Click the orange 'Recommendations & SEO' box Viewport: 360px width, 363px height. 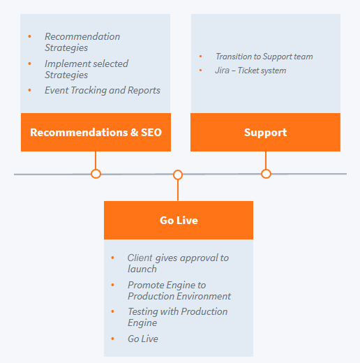[x=96, y=132]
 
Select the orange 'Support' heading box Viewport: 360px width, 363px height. [x=265, y=132]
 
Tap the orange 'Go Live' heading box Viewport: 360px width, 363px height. [x=179, y=220]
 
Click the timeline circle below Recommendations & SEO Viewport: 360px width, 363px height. [x=96, y=174]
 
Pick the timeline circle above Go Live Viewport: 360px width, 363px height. [x=178, y=175]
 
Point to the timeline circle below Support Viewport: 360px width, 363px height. [x=266, y=174]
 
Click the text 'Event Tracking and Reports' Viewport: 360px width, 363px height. [x=103, y=91]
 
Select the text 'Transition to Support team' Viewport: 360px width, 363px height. [x=264, y=57]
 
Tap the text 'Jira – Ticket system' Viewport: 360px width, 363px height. [x=250, y=71]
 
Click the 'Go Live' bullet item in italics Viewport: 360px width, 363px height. [x=143, y=339]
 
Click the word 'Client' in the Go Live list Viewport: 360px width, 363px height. [x=140, y=258]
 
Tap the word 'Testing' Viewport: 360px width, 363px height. [x=142, y=312]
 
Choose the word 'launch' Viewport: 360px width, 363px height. [x=142, y=269]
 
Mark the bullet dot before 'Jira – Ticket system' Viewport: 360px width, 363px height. [x=200, y=71]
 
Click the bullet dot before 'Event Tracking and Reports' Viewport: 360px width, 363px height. [x=29, y=90]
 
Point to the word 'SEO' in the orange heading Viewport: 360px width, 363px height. [x=151, y=133]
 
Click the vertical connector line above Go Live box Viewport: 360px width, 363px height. [x=178, y=191]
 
